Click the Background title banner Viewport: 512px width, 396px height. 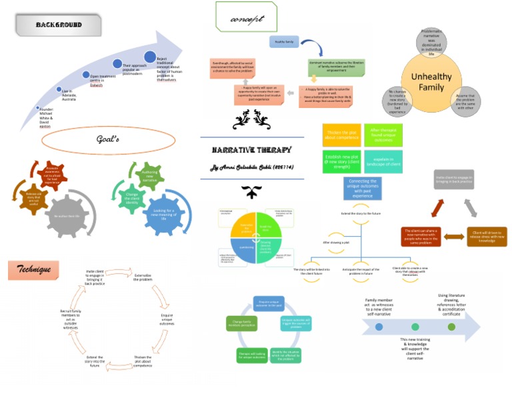[x=59, y=25]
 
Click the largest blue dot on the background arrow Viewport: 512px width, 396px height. [x=150, y=57]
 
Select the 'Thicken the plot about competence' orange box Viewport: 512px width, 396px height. [x=341, y=135]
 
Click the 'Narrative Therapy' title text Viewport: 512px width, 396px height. [x=252, y=150]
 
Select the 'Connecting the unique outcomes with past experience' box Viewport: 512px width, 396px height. [x=362, y=188]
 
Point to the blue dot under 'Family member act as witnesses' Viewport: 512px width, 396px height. [x=379, y=327]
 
